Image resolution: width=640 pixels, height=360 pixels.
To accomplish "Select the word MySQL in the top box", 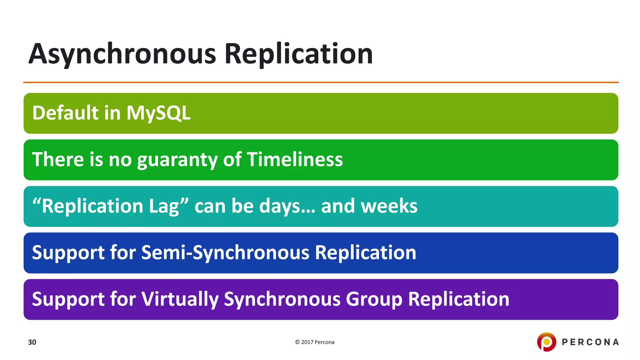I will tap(158, 113).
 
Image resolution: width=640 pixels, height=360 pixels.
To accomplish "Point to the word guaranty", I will tap(177, 160).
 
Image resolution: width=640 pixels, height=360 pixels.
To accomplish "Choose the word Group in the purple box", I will tap(374, 299).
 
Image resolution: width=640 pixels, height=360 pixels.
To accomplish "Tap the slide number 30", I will tap(32, 342).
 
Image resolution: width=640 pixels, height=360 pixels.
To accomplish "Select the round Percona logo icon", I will tap(547, 342).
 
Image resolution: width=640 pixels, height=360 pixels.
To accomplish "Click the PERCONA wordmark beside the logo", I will tap(590, 342).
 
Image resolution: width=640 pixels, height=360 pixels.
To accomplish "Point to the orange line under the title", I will tap(321, 82).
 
